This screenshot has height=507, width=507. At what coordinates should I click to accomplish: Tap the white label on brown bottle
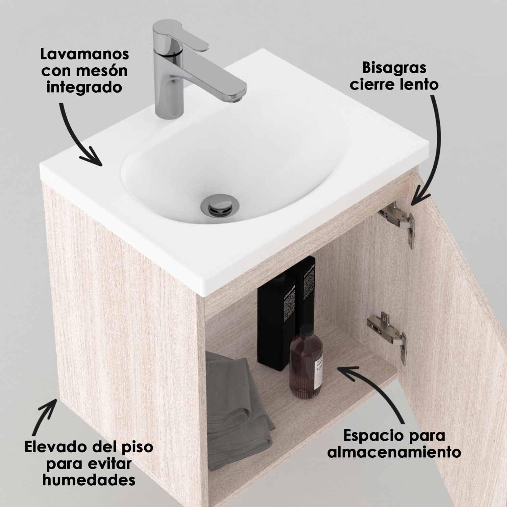point(318,373)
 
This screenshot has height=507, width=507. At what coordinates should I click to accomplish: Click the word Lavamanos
point(84,54)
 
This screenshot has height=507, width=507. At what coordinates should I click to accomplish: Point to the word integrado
point(84,87)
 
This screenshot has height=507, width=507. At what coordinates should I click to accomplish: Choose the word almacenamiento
point(394,452)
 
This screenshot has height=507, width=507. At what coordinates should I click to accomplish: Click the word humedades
point(89,480)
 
